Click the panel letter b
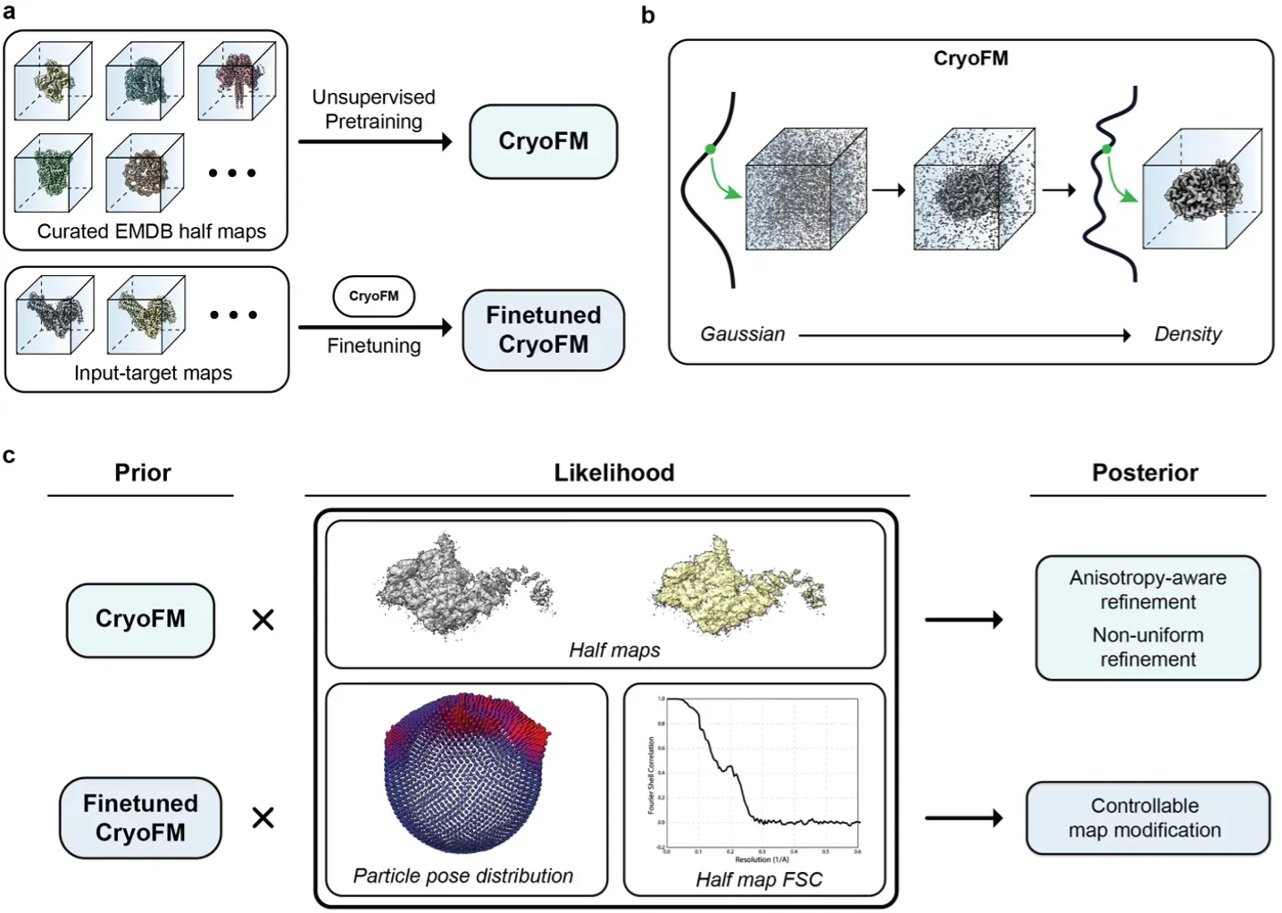pos(648,15)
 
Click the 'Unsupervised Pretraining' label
pos(373,109)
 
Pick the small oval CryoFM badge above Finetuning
pos(373,297)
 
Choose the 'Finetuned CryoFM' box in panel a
pos(543,330)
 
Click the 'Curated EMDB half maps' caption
pos(152,231)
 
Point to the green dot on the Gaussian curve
pos(711,149)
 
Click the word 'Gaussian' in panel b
pos(742,334)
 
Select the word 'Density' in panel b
pos(1187,334)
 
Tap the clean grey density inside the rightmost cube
pos(1204,190)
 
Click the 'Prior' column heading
pos(142,473)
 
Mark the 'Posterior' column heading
pos(1145,473)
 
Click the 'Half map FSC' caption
pos(759,880)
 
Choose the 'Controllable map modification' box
pos(1146,817)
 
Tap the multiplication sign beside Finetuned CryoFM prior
pos(263,817)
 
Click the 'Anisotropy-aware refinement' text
pos(1147,590)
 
